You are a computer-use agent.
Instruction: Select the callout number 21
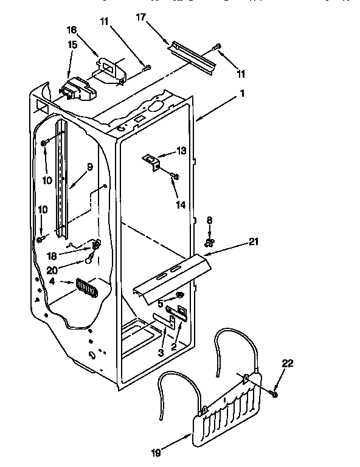click(x=254, y=242)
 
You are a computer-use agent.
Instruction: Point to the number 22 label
click(x=288, y=364)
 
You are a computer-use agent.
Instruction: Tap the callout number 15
click(x=72, y=45)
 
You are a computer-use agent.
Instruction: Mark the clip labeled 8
click(x=209, y=241)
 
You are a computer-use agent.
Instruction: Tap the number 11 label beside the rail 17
click(x=241, y=74)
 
